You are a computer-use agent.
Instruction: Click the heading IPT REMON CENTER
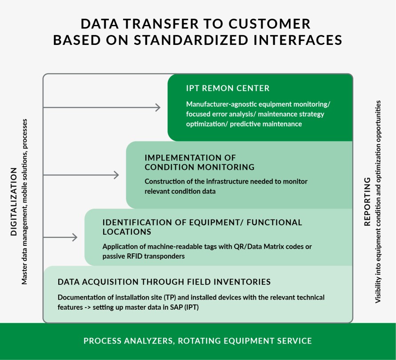coord(228,88)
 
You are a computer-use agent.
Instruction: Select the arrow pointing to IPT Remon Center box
coord(102,107)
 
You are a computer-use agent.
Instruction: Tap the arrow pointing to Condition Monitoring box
coord(81,175)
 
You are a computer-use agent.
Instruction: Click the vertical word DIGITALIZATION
coord(13,201)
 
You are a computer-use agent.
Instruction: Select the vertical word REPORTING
coord(367,201)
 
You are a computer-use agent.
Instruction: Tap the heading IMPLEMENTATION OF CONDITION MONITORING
coord(199,162)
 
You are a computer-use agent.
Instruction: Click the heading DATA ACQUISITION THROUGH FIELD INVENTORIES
coord(164,282)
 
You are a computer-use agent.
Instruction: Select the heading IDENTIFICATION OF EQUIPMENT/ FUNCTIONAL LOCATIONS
coord(202,227)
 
